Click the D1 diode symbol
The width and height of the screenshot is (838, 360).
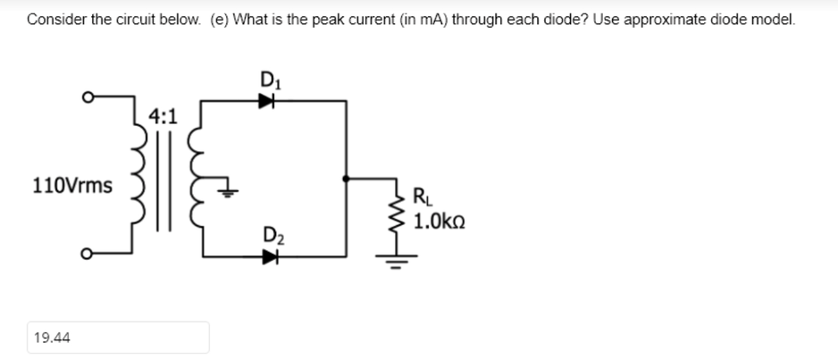tap(264, 102)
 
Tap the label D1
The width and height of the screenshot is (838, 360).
tap(267, 79)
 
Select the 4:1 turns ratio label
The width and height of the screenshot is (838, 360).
tap(163, 116)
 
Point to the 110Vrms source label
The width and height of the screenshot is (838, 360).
tap(72, 186)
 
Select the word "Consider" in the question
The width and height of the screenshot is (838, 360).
tap(56, 19)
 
